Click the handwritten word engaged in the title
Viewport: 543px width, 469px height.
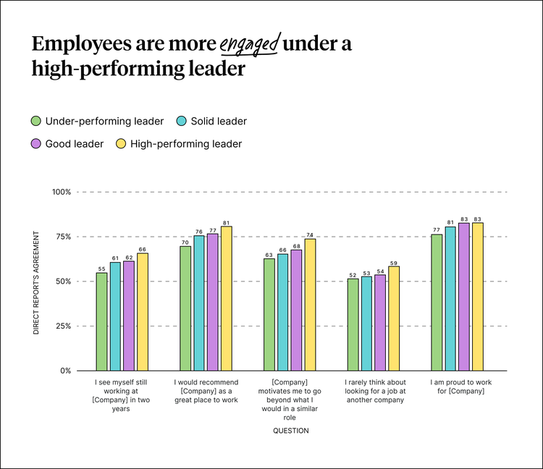pos(250,45)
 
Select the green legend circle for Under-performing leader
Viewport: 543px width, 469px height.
pos(35,121)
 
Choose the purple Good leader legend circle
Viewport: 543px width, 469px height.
pos(35,144)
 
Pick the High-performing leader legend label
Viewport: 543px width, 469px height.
pos(186,144)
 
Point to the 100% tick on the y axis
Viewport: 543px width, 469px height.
pos(61,192)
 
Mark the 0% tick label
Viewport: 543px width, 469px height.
pos(65,371)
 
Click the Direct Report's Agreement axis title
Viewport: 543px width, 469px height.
pos(35,282)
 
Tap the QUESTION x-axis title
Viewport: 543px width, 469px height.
pos(290,431)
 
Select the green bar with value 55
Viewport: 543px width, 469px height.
pos(101,321)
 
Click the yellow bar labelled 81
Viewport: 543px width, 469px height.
pos(226,298)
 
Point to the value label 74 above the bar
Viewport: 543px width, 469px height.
pos(310,234)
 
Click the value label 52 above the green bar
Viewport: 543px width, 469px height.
pos(353,274)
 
